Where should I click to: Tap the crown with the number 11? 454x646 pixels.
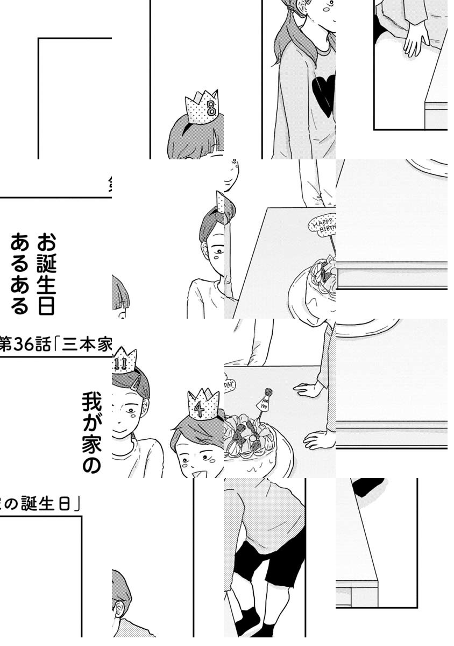124,361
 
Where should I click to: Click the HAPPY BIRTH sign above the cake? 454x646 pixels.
322,224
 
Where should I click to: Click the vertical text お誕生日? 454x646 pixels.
46,273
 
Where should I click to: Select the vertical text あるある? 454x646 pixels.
20,273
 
